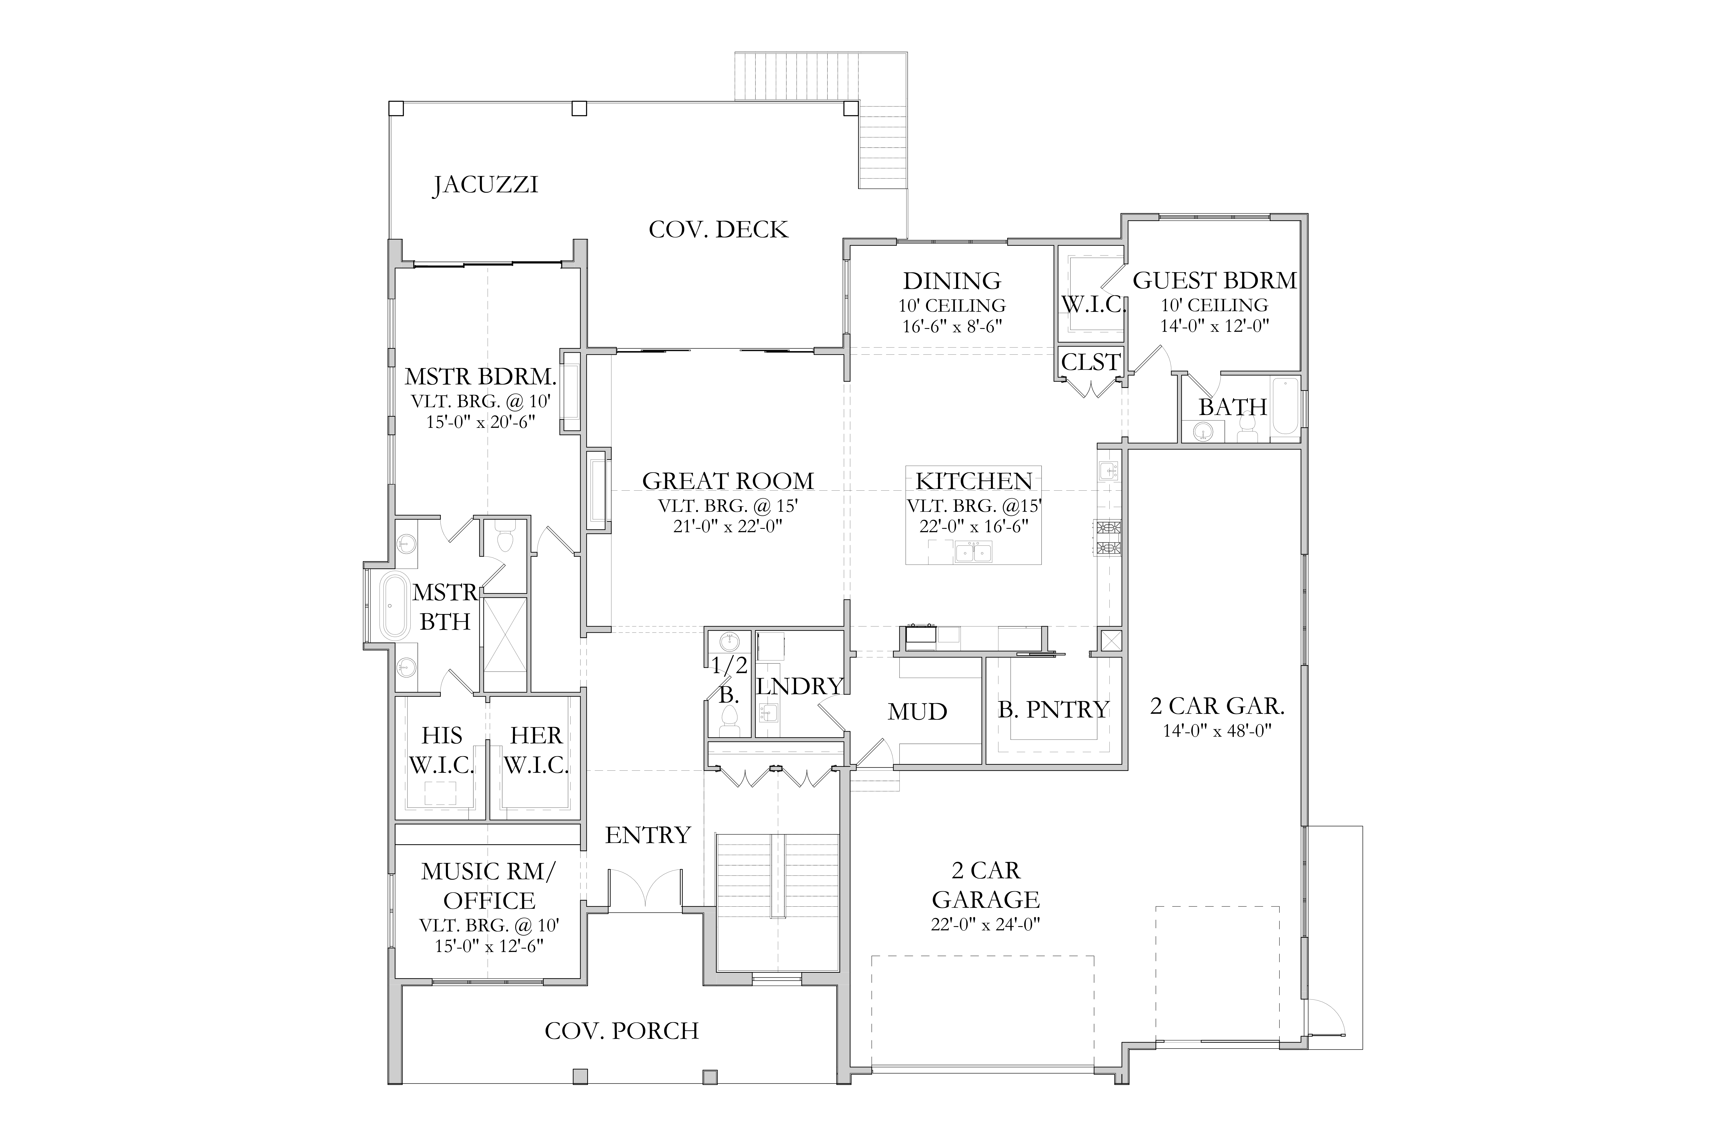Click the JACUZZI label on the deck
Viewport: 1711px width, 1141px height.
(x=486, y=185)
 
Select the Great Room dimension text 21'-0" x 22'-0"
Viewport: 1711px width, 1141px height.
(x=727, y=526)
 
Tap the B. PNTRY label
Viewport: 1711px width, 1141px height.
(x=1053, y=710)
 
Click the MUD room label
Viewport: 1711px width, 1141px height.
(x=917, y=712)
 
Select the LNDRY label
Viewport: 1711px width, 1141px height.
(x=799, y=686)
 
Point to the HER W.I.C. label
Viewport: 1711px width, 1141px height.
(x=536, y=750)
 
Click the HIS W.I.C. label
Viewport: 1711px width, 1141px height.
(x=442, y=750)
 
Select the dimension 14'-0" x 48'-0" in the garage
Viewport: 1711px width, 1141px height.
(x=1217, y=730)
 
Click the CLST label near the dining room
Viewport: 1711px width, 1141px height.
(x=1091, y=362)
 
